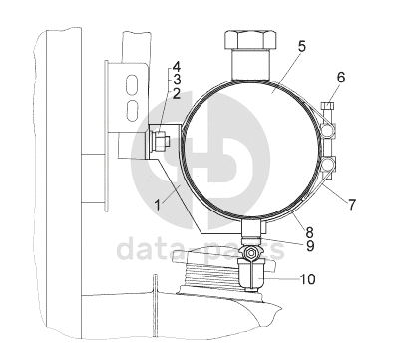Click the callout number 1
point(158,204)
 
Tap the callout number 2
point(177,94)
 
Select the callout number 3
point(177,80)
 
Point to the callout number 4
point(177,67)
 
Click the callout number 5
point(301,46)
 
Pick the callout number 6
point(341,77)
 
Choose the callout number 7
point(352,204)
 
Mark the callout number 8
point(309,231)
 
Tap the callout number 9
point(309,246)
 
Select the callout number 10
point(307,279)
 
